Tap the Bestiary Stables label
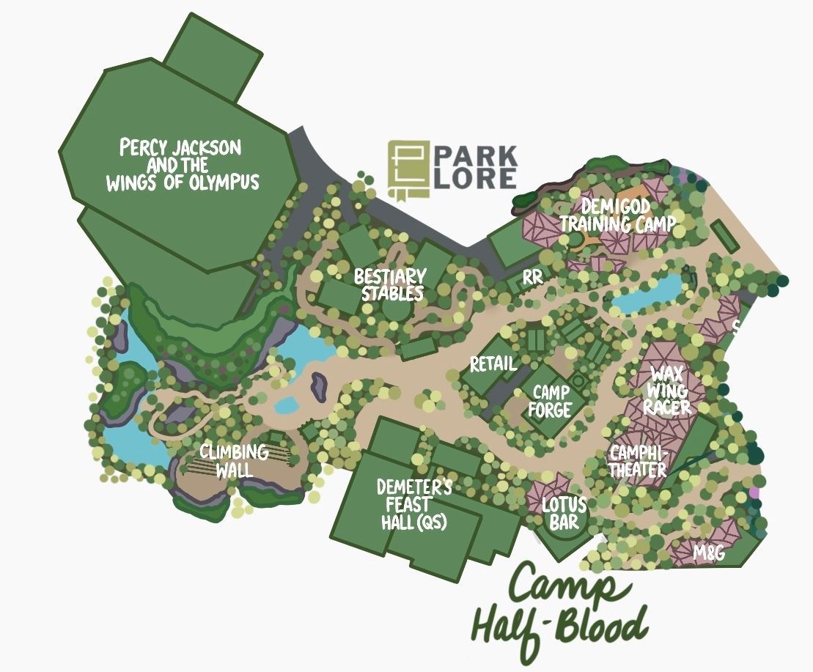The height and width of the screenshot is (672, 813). [x=389, y=285]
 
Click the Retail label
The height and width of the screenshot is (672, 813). [x=493, y=363]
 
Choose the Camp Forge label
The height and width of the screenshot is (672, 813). [x=551, y=402]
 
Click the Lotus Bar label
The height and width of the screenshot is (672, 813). [x=564, y=513]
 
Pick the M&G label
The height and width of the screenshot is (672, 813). [x=709, y=553]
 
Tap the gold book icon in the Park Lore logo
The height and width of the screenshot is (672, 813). [x=408, y=168]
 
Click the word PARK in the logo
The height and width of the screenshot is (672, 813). [x=475, y=156]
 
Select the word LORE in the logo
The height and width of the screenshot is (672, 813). [x=475, y=179]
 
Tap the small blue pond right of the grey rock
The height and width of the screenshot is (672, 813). [x=286, y=404]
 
